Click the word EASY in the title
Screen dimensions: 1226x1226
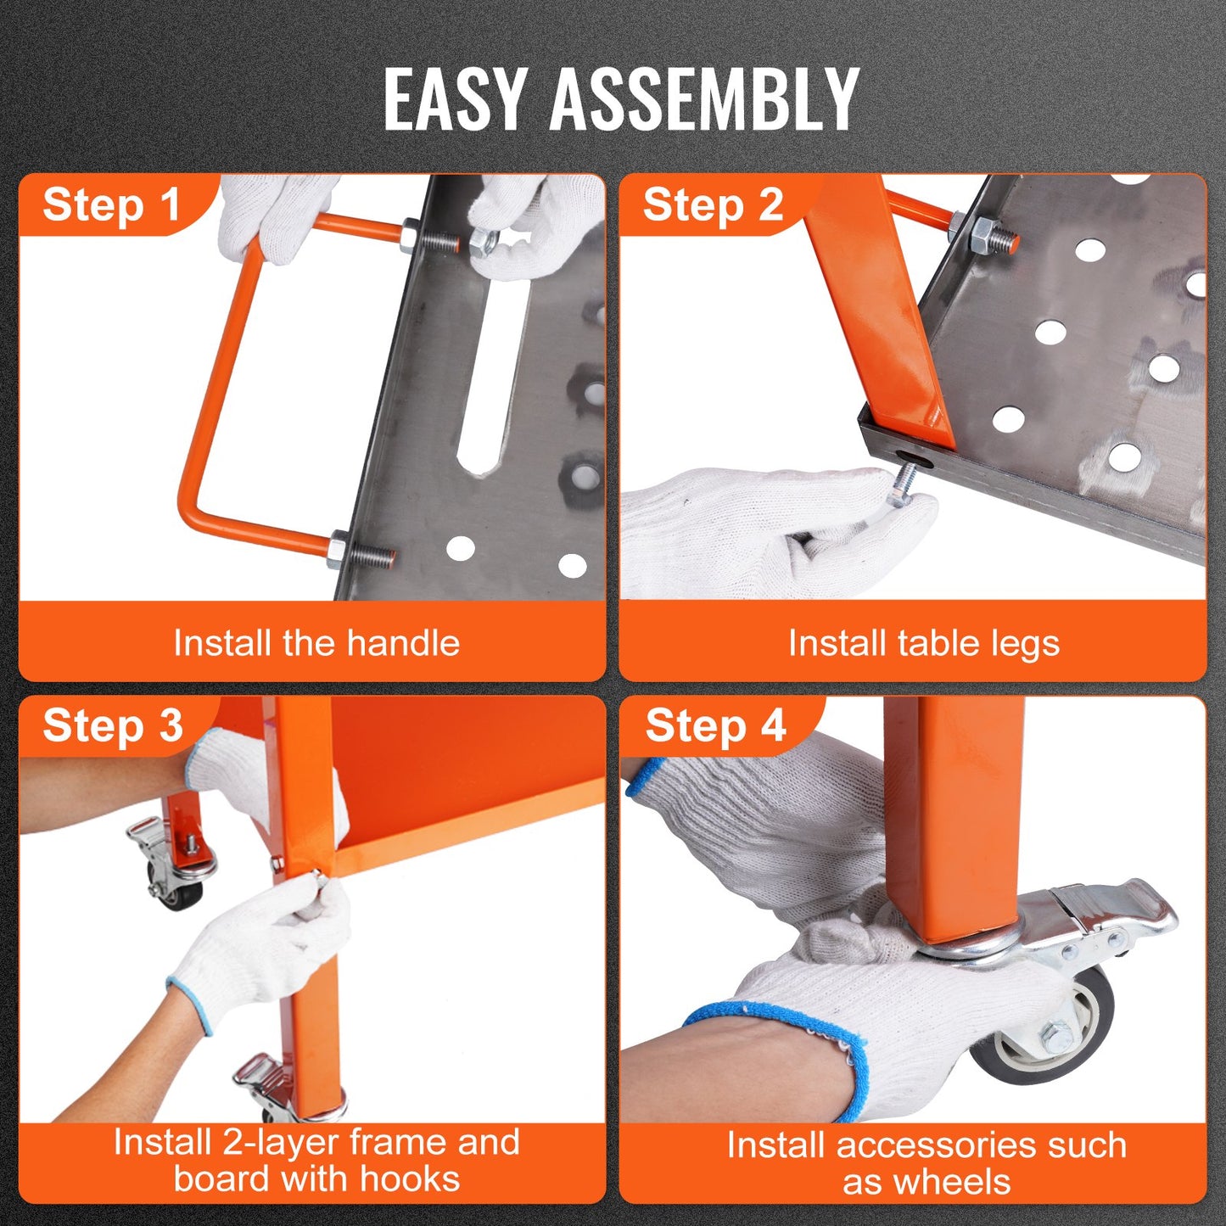click(453, 99)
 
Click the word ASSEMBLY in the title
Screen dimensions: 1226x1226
click(704, 99)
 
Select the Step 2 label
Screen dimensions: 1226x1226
click(713, 205)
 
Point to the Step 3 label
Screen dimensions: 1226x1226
click(112, 726)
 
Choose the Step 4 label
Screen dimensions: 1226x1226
click(715, 727)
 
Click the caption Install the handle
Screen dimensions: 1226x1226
click(316, 643)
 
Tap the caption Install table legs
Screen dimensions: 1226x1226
click(923, 643)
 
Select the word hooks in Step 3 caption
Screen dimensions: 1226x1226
click(409, 1179)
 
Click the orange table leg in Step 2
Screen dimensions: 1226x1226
click(882, 322)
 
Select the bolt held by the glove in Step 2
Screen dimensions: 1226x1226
click(903, 484)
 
